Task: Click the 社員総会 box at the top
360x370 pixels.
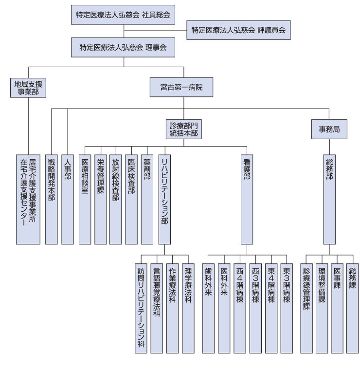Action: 123,15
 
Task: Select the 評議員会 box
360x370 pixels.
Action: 238,30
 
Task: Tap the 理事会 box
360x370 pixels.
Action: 123,47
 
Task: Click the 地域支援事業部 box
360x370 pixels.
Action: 28,88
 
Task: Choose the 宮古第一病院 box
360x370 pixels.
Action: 181,87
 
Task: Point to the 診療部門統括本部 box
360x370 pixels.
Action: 184,129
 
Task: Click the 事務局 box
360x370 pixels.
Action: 329,129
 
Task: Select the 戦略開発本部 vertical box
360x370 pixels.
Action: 52,200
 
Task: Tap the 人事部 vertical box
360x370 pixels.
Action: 68,200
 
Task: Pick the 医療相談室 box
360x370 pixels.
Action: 85,200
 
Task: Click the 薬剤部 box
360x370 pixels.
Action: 147,200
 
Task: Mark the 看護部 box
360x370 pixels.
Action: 247,200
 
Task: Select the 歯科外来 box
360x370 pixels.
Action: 208,308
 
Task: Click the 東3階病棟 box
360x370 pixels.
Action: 287,308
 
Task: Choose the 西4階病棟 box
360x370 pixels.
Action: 240,308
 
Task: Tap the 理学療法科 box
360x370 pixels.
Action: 188,308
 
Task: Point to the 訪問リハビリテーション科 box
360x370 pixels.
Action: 141,308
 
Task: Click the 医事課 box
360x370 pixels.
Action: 337,308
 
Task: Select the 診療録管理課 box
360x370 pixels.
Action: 306,308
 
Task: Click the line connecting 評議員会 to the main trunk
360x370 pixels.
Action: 155,31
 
